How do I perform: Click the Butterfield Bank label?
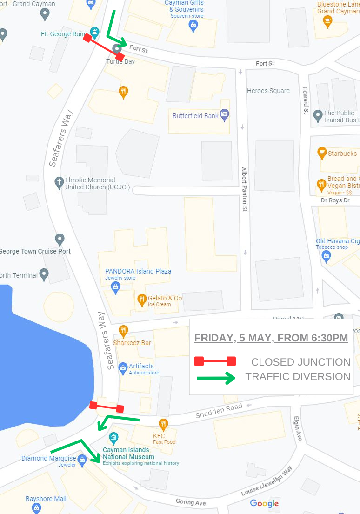tap(195, 116)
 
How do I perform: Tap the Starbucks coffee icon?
tap(321, 153)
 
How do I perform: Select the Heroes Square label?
tap(268, 91)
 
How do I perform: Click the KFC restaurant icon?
tap(163, 424)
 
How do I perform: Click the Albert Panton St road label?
tap(244, 189)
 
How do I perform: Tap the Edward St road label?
tap(306, 100)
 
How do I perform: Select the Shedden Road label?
tap(219, 411)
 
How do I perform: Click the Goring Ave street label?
tap(191, 502)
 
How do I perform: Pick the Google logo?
tap(264, 503)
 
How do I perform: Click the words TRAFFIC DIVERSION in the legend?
tap(298, 376)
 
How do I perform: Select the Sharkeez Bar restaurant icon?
tap(123, 331)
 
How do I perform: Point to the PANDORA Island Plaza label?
tap(138, 271)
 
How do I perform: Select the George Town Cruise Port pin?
tap(60, 240)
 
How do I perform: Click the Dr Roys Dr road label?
tap(335, 200)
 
